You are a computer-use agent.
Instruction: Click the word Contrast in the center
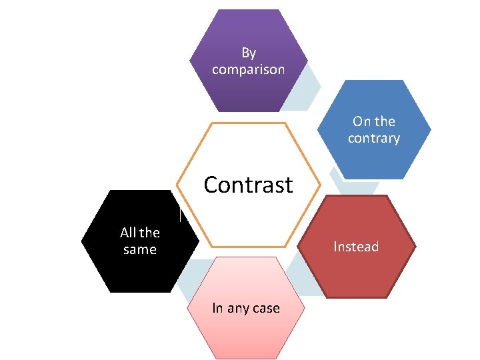point(248,184)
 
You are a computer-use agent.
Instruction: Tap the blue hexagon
point(373,160)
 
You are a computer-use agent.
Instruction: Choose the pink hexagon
point(246,333)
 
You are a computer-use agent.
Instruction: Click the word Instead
point(356,247)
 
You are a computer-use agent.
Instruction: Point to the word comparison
point(248,69)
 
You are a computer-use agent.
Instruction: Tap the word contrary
point(374,139)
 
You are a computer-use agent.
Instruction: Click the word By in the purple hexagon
point(249,53)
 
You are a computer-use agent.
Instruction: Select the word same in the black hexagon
point(140,250)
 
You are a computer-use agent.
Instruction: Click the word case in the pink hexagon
point(266,308)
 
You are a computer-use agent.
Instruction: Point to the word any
point(237,309)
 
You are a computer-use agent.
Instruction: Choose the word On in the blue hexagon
point(361,121)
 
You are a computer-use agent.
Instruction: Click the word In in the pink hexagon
point(217,308)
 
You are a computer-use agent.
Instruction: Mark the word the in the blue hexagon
point(385,121)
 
